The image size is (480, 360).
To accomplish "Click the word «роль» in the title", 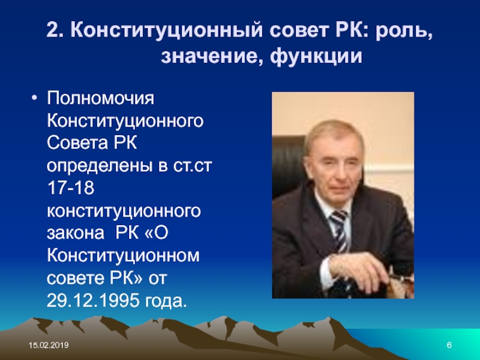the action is pyautogui.click(x=403, y=31).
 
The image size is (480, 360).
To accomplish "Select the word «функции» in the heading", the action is pyautogui.click(x=316, y=56).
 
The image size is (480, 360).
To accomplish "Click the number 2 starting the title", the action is pyautogui.click(x=53, y=29).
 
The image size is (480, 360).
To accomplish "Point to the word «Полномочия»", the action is pyautogui.click(x=101, y=98).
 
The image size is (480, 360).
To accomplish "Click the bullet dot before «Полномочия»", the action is pyautogui.click(x=34, y=98).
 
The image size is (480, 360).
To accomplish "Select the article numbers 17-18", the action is pyautogui.click(x=71, y=188).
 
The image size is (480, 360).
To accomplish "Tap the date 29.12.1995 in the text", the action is pyautogui.click(x=93, y=301).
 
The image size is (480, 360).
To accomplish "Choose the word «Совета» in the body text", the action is pyautogui.click(x=77, y=143).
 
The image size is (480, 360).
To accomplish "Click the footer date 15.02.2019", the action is pyautogui.click(x=49, y=346).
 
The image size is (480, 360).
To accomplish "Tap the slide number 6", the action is pyautogui.click(x=449, y=346).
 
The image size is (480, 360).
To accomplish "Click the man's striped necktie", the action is pyautogui.click(x=340, y=231).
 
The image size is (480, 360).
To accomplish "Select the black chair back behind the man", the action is pyautogui.click(x=288, y=166).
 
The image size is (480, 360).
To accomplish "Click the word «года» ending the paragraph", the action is pyautogui.click(x=166, y=301).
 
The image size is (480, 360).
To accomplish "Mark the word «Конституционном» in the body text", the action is pyautogui.click(x=123, y=256).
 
